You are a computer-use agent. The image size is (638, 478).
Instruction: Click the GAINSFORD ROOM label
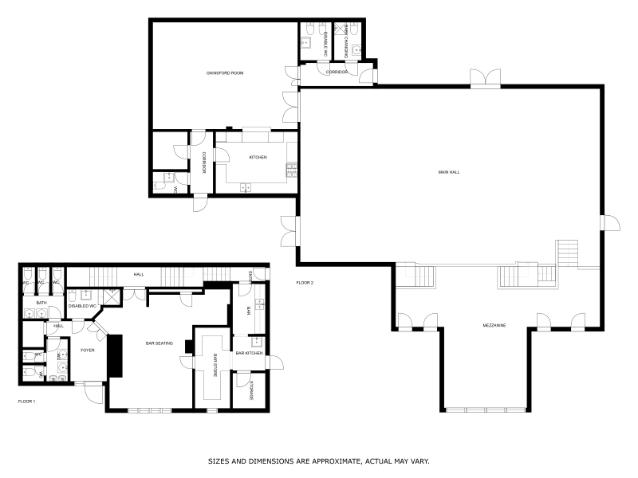click(224, 72)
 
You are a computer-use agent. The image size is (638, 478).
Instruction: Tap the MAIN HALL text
click(448, 172)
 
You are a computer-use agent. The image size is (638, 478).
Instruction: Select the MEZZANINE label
click(495, 325)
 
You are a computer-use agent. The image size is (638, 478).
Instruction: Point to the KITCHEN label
click(258, 157)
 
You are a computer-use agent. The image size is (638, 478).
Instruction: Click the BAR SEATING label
click(160, 343)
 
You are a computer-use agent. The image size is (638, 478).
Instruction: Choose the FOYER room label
click(88, 350)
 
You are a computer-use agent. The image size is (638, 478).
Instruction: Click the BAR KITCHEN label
click(249, 353)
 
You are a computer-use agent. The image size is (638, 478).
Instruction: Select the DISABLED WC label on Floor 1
click(83, 306)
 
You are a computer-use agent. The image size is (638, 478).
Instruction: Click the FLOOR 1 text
click(27, 402)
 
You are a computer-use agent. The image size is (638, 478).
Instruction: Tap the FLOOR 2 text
click(305, 283)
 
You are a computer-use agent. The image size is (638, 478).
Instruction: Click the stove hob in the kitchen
click(291, 170)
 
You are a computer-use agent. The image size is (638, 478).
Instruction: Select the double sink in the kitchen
click(245, 187)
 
